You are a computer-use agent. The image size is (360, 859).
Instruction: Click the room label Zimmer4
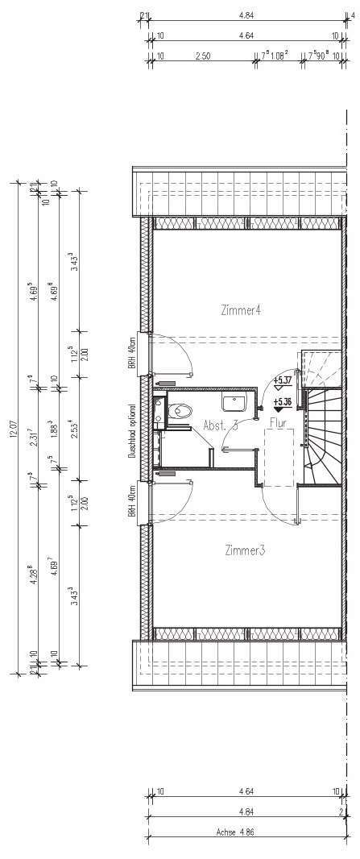[x=241, y=309]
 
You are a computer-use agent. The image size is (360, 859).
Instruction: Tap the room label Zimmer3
[x=245, y=550]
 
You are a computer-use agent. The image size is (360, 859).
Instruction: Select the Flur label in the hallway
[x=278, y=421]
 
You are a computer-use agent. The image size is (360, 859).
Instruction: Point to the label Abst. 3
[x=220, y=425]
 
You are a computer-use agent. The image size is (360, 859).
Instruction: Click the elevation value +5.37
[x=282, y=380]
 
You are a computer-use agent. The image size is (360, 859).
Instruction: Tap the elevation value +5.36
[x=282, y=401]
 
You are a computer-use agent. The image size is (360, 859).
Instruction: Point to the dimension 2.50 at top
[x=203, y=57]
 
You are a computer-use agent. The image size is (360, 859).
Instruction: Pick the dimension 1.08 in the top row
[x=279, y=57]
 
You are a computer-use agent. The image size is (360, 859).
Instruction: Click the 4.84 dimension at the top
[x=246, y=14]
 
